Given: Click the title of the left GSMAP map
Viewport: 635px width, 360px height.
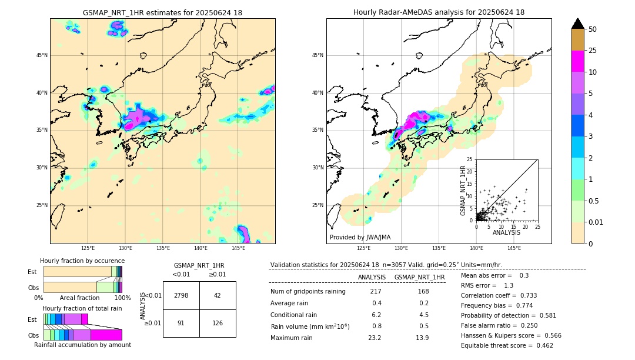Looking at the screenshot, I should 162,12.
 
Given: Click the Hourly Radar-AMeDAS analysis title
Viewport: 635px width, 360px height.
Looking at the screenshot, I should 439,12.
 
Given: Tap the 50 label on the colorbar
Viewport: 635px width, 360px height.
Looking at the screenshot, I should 593,29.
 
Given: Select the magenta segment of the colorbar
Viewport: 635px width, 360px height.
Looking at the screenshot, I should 577,61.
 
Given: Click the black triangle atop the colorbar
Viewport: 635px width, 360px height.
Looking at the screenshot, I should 577,24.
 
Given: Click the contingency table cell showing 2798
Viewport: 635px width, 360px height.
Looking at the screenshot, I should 181,295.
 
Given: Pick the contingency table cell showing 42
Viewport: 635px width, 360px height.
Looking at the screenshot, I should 218,295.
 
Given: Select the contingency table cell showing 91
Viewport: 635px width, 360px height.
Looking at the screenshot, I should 181,322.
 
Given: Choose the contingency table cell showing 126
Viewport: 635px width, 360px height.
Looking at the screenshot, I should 218,322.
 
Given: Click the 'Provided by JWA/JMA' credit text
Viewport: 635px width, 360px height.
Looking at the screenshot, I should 360,237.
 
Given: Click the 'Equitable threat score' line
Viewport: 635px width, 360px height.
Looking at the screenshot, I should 507,345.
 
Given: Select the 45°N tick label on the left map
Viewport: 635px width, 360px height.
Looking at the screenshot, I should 42,55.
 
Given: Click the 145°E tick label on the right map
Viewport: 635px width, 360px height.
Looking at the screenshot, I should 514,248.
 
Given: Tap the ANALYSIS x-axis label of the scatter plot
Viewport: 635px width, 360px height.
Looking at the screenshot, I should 506,232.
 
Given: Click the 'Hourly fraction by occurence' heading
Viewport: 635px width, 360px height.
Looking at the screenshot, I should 82,261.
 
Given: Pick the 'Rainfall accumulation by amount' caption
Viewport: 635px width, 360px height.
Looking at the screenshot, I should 82,345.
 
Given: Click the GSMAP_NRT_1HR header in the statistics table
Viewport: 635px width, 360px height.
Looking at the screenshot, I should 419,277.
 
